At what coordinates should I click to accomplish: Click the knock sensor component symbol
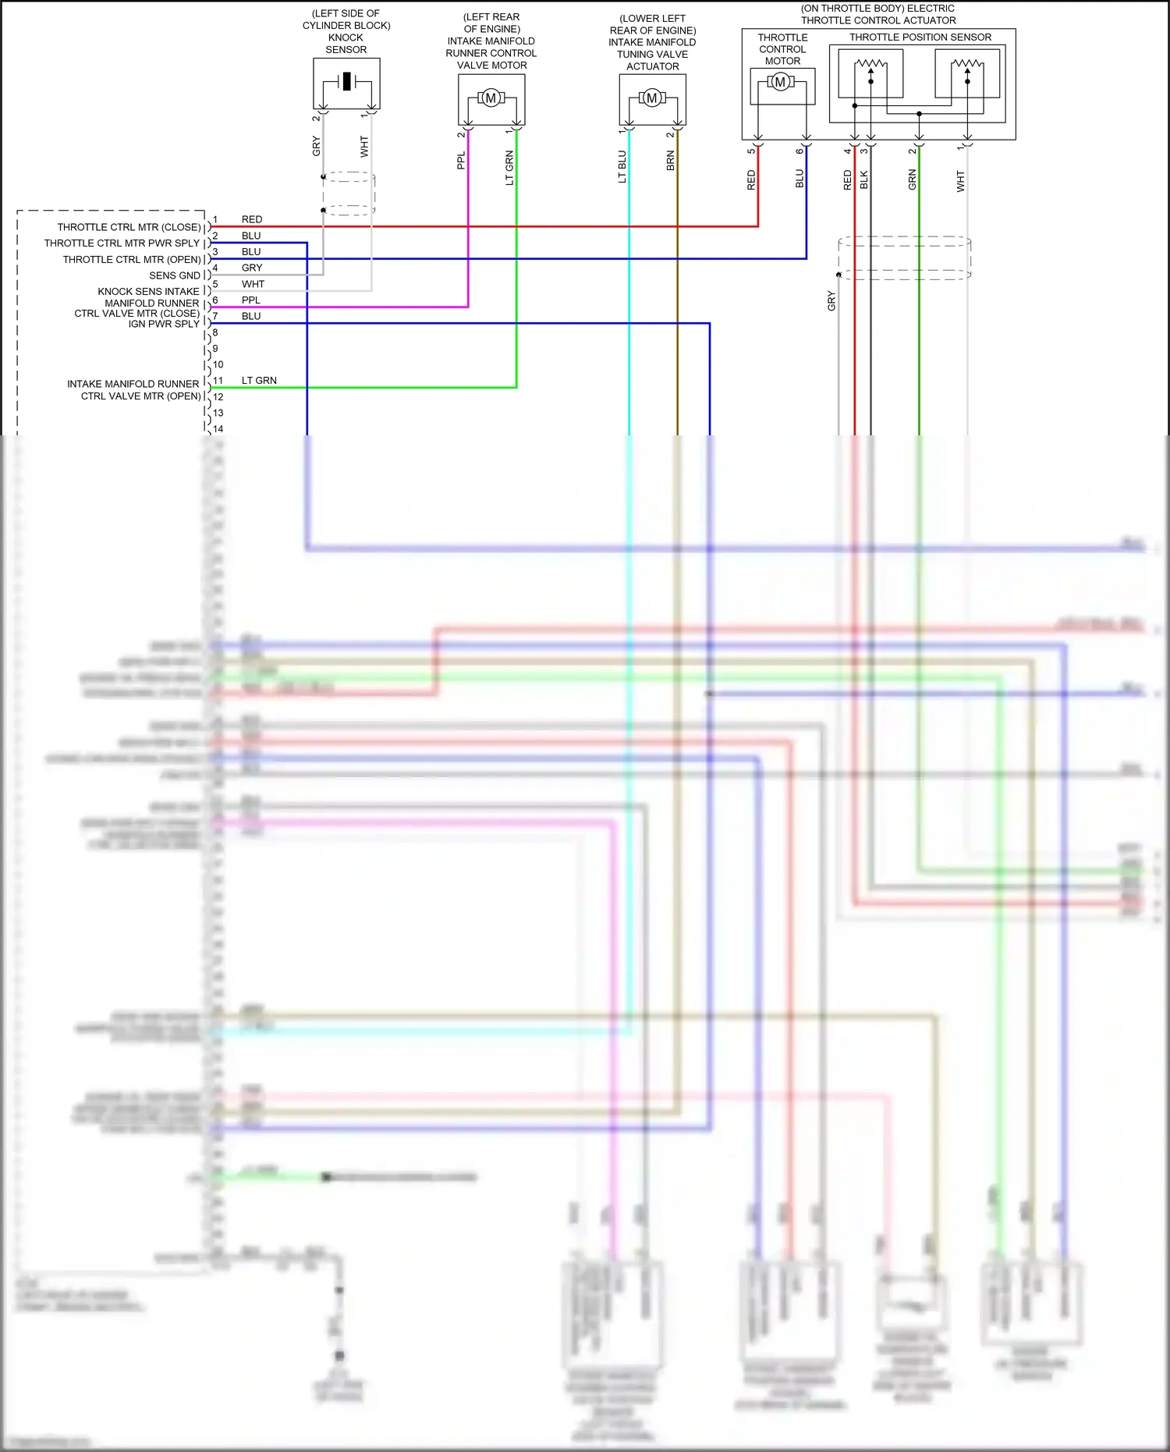point(346,82)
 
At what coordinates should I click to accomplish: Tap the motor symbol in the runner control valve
point(491,98)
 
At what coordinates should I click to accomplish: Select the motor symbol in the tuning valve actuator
point(652,98)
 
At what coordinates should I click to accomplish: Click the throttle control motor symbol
point(780,82)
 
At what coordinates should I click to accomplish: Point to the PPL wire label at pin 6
point(251,300)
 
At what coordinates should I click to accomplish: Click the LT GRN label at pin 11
point(259,381)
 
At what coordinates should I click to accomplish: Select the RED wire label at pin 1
point(252,220)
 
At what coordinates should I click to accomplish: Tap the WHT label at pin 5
point(253,285)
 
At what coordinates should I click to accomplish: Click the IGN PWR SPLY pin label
point(164,324)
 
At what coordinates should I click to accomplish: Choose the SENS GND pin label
point(175,275)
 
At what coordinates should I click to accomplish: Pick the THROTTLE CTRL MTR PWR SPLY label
point(122,243)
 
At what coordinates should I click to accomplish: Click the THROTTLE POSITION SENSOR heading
point(920,37)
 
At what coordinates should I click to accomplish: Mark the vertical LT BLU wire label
point(622,167)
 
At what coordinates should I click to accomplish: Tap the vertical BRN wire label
point(671,162)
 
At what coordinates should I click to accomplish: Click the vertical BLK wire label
point(864,180)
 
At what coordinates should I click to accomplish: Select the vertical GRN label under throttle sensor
point(913,180)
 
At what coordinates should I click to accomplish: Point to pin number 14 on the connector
point(218,429)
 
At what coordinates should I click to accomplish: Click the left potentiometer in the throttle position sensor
point(870,72)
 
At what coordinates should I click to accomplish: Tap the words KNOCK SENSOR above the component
point(346,44)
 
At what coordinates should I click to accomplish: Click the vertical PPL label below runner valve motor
point(461,161)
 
